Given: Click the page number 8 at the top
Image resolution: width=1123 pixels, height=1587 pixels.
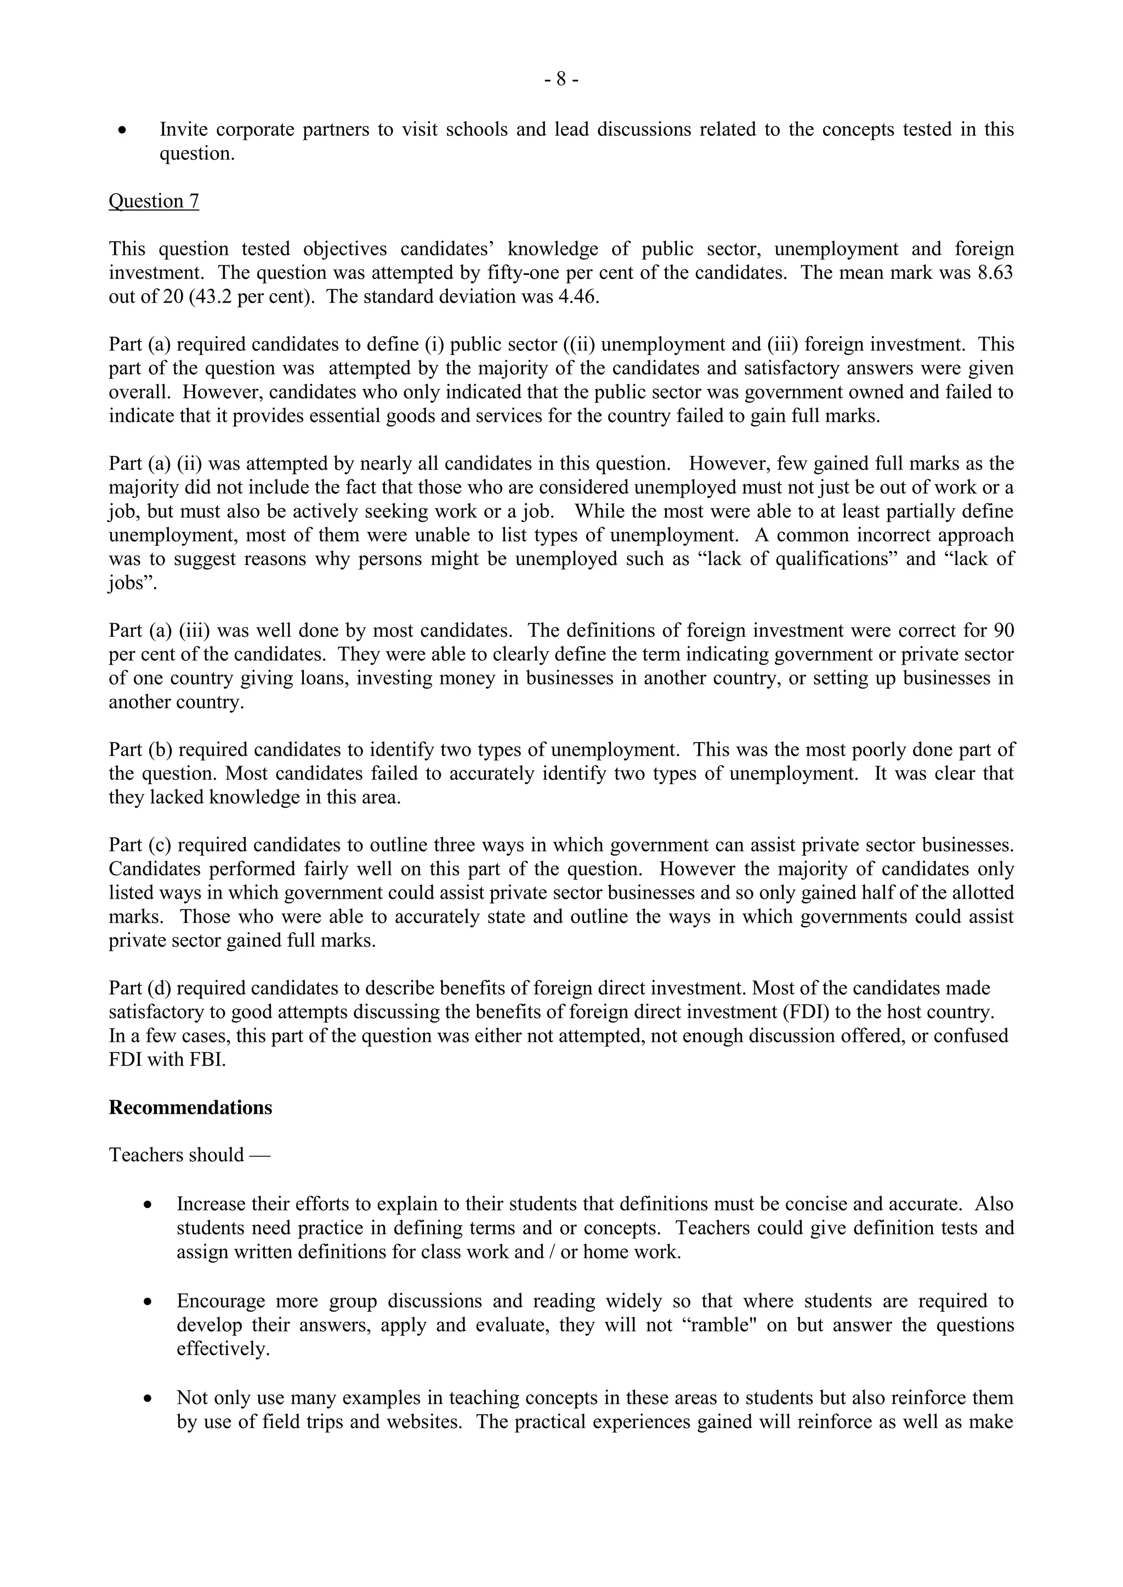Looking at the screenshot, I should point(561,80).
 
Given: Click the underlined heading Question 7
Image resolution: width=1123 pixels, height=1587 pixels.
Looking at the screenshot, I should point(154,201).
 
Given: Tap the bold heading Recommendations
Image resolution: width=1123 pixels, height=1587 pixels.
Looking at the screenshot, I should point(190,1108).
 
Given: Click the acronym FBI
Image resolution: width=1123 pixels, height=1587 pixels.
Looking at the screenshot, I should point(206,1060).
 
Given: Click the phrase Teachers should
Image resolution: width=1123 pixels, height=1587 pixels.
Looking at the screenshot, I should point(177,1155).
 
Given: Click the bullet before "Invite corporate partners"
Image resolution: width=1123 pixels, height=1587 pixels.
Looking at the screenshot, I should point(122,130).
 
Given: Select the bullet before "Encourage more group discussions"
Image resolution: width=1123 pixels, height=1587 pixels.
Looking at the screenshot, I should point(148,1302).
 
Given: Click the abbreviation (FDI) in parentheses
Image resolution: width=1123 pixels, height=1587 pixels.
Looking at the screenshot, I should point(806,1012).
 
